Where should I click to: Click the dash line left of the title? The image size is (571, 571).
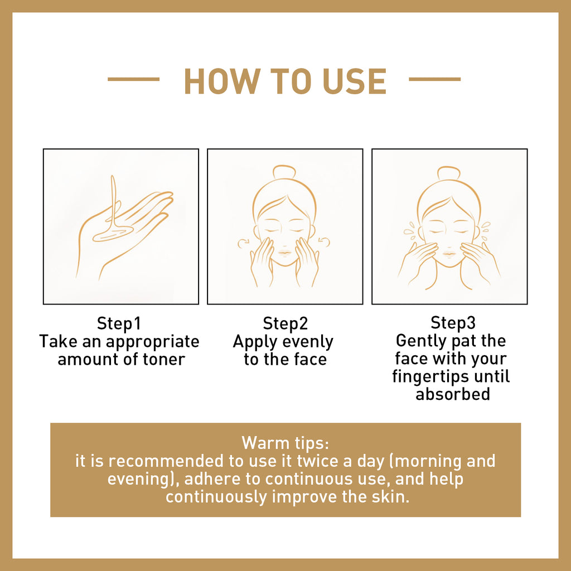coord(133,80)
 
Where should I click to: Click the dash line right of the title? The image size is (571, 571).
coord(435,80)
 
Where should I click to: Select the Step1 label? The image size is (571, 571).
coord(119,324)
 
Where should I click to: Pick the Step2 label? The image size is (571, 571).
coord(285,324)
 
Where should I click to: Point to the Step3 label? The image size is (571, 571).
coord(453,323)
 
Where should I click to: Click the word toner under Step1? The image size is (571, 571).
coord(162,359)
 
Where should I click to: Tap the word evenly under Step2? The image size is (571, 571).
coord(307,341)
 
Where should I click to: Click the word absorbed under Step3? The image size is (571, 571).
coord(453,394)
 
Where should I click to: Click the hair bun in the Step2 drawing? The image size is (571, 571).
coord(284,172)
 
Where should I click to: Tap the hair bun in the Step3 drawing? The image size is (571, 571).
coord(449,173)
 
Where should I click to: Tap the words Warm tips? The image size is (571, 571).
coord(285,443)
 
